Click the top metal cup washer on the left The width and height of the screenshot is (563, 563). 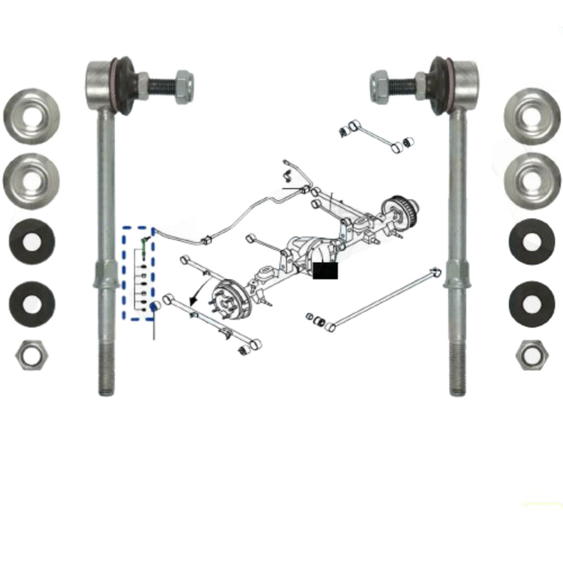click(32, 116)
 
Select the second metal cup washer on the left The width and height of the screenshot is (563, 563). click(31, 181)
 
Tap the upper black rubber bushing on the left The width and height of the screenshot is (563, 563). click(32, 241)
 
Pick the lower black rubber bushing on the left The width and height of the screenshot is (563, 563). click(32, 304)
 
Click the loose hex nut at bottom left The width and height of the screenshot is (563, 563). click(32, 355)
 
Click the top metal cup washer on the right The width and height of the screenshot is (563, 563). click(532, 116)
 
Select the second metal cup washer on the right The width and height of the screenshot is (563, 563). click(532, 181)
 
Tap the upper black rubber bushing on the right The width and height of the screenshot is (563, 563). click(532, 241)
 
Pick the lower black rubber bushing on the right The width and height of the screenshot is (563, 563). click(532, 304)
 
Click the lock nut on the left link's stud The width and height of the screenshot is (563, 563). click(184, 87)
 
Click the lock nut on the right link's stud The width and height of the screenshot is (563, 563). click(380, 87)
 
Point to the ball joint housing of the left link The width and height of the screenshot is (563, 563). click(100, 85)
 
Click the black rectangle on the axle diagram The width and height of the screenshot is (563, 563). click(325, 271)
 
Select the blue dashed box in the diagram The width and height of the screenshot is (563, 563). click(138, 273)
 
